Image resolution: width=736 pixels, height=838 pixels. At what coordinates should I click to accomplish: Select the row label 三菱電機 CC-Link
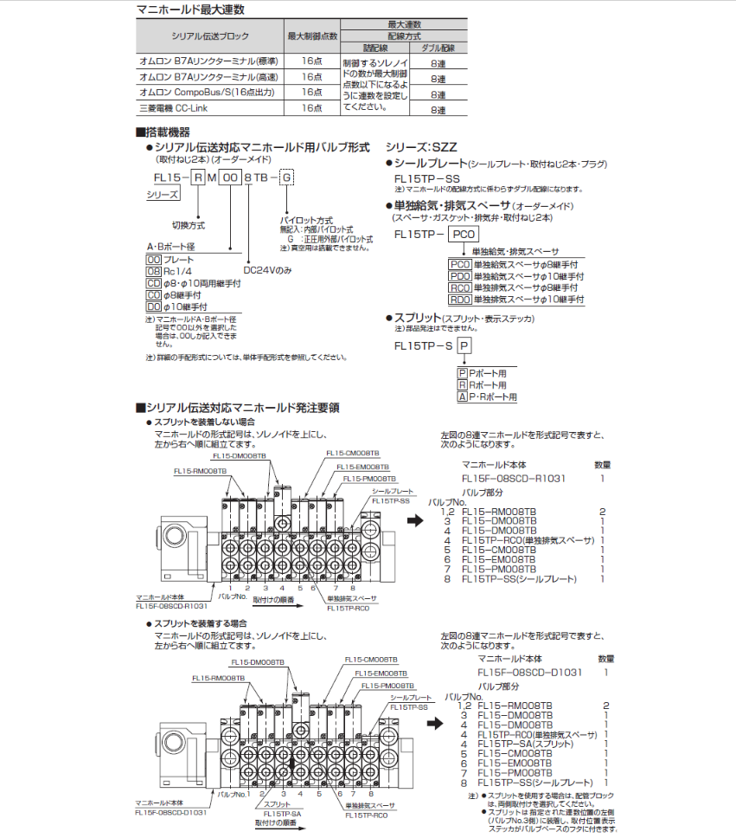[174, 108]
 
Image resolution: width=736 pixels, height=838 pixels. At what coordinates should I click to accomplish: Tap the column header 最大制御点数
[312, 35]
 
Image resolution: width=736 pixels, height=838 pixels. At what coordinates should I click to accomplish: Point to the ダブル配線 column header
[438, 48]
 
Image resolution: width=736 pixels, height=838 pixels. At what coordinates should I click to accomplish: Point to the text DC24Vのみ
[268, 269]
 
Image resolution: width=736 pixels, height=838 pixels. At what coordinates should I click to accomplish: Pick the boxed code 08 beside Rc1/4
[154, 271]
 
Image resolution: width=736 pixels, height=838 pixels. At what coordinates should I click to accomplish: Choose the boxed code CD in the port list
[154, 283]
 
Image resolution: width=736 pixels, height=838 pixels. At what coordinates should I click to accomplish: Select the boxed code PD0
[460, 276]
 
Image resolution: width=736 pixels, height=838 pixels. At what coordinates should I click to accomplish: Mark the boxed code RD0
[460, 300]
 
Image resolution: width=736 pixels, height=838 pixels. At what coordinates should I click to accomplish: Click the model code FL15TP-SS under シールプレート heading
[427, 177]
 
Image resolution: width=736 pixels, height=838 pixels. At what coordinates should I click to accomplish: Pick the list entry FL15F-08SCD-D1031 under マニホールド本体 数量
[529, 672]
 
